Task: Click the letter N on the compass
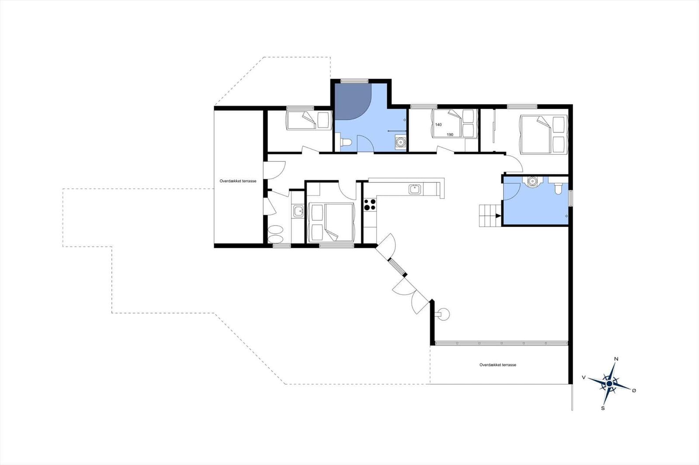tap(616, 359)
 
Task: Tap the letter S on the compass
tap(603, 408)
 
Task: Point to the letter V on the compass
tap(584, 377)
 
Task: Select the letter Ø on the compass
tap(634, 390)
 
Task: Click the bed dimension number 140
tap(439, 125)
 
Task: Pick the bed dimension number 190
tap(450, 135)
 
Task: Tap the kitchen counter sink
tap(415, 189)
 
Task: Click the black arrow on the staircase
tap(498, 215)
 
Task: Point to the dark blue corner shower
tap(353, 102)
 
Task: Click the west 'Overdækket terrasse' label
tap(238, 181)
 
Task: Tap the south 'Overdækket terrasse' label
tap(498, 365)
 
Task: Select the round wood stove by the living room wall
tap(443, 314)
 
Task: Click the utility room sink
tap(298, 211)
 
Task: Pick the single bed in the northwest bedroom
tap(308, 120)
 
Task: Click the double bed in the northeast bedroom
tap(543, 134)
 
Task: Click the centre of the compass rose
tap(609, 384)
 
